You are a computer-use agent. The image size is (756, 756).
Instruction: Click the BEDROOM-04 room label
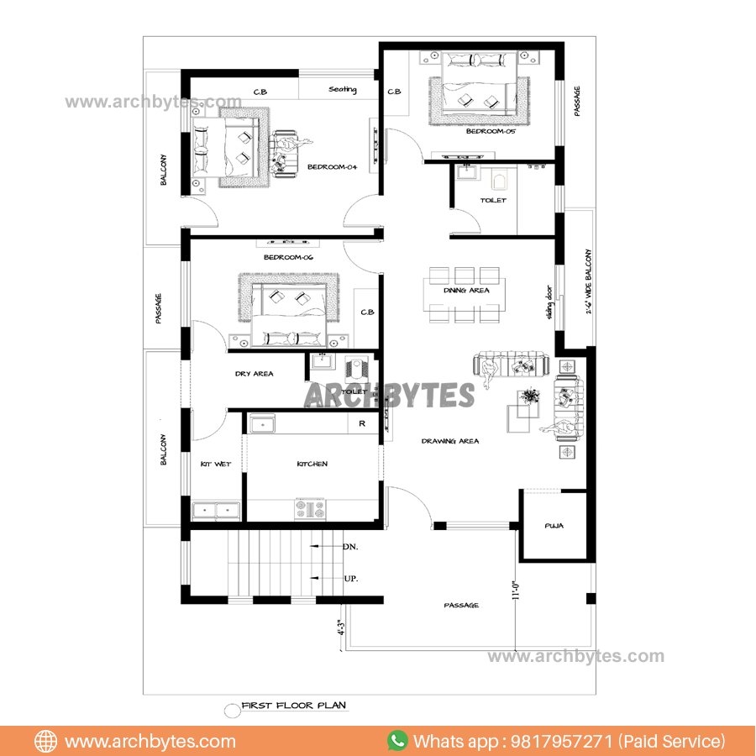[332, 167]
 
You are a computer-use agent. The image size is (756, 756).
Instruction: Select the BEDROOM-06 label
[288, 257]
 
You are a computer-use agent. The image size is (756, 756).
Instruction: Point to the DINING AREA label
[466, 291]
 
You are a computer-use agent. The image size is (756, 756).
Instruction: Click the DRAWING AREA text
[450, 441]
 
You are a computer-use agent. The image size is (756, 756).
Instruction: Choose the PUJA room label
[554, 527]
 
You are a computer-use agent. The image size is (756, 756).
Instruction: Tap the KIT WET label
[215, 464]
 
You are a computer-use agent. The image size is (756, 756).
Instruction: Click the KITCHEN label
[312, 464]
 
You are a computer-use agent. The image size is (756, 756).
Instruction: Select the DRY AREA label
[254, 374]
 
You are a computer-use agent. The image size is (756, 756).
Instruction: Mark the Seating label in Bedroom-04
[342, 90]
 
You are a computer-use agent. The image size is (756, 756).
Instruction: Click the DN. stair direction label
[350, 547]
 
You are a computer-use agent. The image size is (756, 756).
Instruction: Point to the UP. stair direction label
[350, 579]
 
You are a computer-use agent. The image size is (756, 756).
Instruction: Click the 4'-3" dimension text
[340, 630]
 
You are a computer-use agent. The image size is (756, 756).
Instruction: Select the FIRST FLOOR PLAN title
[293, 706]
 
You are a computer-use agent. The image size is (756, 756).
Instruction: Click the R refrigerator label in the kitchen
[362, 423]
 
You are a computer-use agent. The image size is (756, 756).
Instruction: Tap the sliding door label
[551, 304]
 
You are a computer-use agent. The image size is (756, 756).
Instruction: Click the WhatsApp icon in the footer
[397, 741]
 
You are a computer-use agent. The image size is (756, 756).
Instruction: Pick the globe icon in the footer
[45, 741]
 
